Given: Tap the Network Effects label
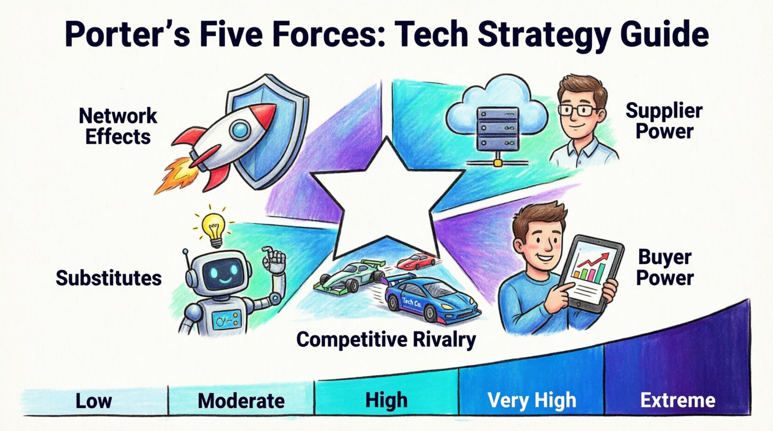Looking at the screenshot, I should point(118,126).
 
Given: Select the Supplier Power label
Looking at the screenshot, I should point(664,121).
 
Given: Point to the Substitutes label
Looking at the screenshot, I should point(109,278).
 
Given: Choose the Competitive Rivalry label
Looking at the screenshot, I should point(386,340).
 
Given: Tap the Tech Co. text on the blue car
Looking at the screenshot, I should point(412,302).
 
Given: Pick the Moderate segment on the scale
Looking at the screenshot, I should point(241,400).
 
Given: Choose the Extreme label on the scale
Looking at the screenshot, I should point(678,400).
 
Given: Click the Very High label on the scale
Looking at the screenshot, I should point(531,400).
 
